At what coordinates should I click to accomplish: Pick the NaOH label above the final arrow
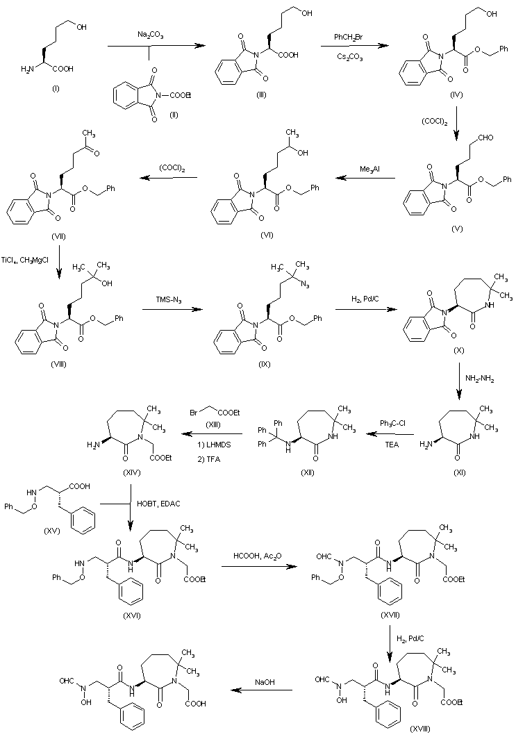267,682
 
